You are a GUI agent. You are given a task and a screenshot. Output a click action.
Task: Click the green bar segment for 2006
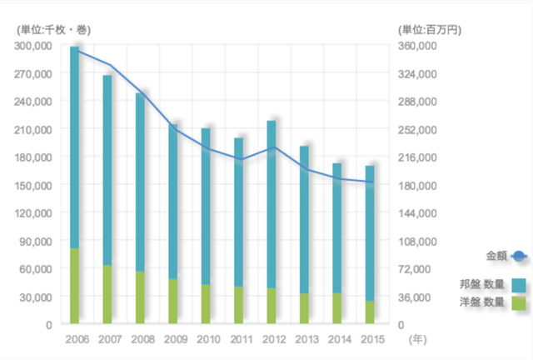point(74,285)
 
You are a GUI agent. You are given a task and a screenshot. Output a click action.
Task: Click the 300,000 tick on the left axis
point(35,46)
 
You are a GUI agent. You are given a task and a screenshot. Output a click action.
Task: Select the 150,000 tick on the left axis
point(35,185)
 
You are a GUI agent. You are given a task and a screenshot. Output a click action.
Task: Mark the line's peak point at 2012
point(271,147)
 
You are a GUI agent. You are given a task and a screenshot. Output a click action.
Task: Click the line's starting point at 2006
point(75,49)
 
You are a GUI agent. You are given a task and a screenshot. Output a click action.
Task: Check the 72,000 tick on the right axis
point(419,268)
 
